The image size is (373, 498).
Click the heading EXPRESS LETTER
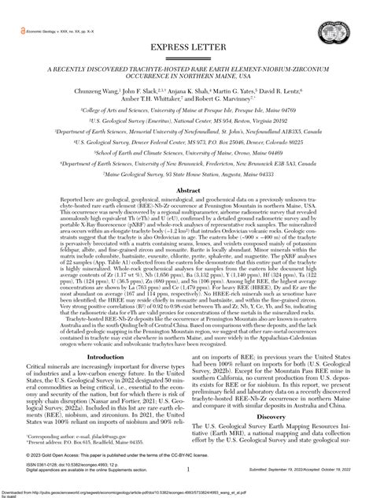(x=186, y=48)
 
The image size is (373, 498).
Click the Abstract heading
(x=186, y=191)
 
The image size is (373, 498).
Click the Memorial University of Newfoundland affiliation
(x=186, y=128)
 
